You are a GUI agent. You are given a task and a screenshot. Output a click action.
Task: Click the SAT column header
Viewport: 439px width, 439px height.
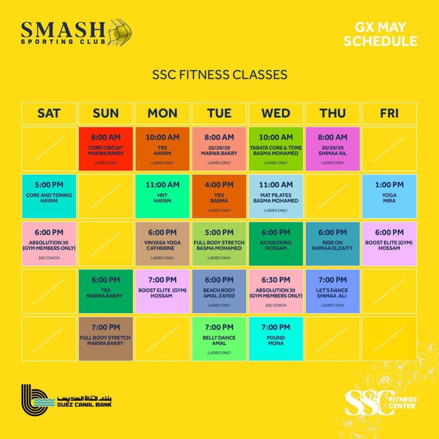[x=49, y=113]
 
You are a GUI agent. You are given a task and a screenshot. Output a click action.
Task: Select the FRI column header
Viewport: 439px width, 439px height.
[x=389, y=113]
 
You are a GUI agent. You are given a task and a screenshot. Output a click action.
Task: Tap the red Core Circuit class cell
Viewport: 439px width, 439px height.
[x=106, y=149]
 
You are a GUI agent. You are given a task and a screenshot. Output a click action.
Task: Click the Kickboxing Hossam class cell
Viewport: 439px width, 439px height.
[x=276, y=244]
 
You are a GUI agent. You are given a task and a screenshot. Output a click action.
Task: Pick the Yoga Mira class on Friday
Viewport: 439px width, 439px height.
[x=389, y=196]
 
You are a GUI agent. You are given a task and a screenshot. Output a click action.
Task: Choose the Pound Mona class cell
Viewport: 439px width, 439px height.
[x=276, y=339]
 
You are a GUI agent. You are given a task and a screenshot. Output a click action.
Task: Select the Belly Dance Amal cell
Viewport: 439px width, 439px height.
[x=219, y=339]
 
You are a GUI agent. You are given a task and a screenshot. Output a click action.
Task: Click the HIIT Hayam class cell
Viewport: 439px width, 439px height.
[x=162, y=196]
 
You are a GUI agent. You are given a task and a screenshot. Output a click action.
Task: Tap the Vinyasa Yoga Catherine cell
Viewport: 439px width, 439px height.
[x=162, y=244]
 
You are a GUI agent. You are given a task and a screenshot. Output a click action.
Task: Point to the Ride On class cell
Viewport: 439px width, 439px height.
[x=333, y=244]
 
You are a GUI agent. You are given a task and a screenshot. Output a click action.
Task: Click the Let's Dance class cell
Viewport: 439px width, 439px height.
[x=333, y=291]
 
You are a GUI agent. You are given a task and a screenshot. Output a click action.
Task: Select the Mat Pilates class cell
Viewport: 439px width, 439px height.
[x=276, y=196]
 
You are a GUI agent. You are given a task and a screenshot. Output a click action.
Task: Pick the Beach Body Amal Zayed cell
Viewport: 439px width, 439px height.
[x=219, y=291]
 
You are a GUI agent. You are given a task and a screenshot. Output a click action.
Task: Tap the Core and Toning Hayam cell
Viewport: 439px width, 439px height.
[x=49, y=196]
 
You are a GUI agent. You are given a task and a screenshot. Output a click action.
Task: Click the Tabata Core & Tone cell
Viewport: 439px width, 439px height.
[x=276, y=149]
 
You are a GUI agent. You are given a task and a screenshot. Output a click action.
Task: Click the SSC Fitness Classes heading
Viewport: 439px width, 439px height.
[x=220, y=75]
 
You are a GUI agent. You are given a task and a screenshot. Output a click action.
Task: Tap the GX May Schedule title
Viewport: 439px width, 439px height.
[x=380, y=34]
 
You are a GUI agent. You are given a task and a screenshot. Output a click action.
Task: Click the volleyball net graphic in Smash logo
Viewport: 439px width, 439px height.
[x=120, y=32]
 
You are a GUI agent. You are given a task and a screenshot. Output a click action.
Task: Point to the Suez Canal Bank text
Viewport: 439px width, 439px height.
[x=84, y=404]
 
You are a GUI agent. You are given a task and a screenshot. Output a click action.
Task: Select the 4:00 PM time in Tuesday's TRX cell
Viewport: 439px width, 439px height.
[x=219, y=185]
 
